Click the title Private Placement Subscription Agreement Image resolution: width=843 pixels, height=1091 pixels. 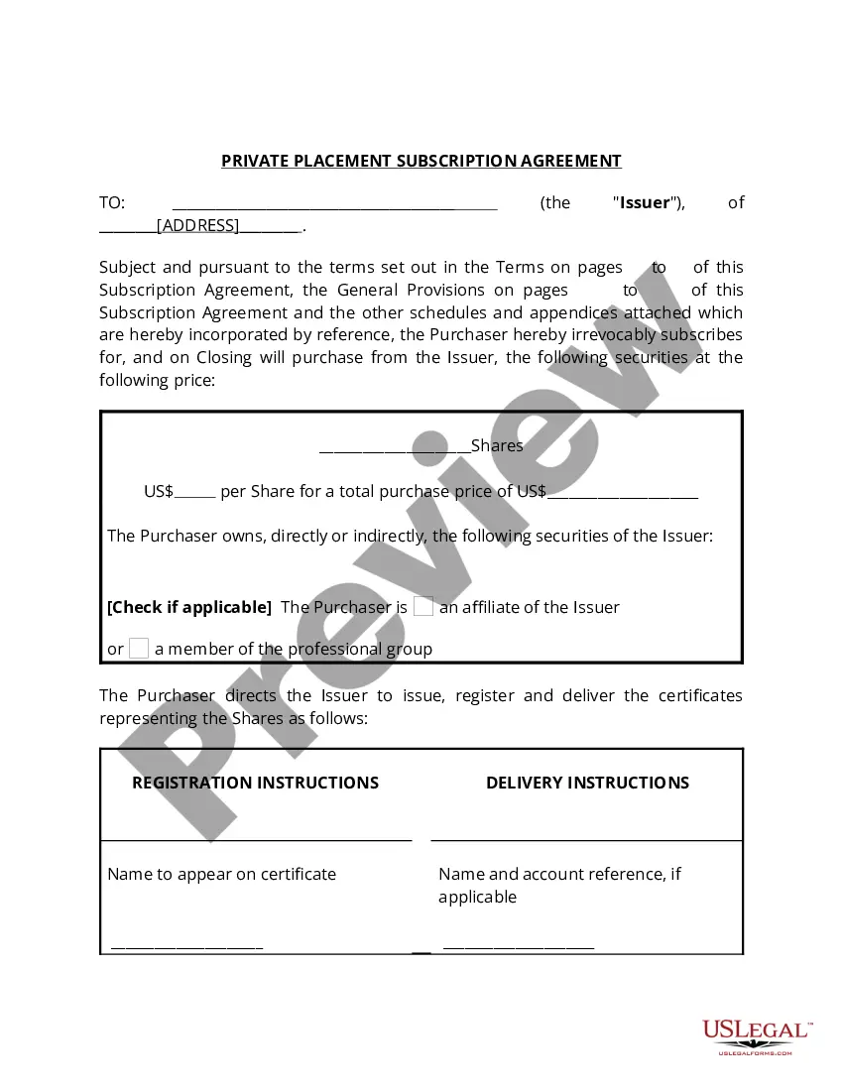(x=421, y=161)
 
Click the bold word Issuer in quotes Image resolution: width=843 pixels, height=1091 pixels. (x=645, y=203)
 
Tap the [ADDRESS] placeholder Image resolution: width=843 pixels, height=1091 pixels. (x=198, y=226)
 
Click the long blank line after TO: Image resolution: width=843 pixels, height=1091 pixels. (x=334, y=205)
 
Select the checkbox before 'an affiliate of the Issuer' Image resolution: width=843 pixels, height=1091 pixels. (x=423, y=607)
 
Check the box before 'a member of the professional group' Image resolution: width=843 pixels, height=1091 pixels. (x=139, y=649)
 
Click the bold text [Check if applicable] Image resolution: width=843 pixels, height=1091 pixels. (x=188, y=607)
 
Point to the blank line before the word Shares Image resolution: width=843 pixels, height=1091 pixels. (x=395, y=449)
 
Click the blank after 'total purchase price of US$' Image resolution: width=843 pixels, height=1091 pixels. (x=622, y=494)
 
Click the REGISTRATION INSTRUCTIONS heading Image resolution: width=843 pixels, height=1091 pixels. (x=255, y=783)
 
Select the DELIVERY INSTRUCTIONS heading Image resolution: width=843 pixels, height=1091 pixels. (x=587, y=783)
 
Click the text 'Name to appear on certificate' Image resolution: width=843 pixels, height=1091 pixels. (x=221, y=874)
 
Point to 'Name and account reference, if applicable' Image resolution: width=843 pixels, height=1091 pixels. (x=559, y=885)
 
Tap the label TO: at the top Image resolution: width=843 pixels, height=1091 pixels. (x=112, y=203)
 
